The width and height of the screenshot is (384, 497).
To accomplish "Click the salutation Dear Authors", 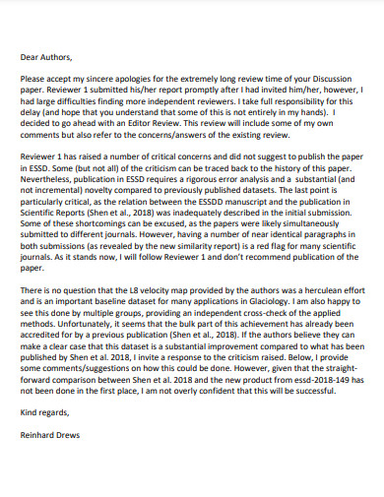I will click(x=45, y=57).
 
